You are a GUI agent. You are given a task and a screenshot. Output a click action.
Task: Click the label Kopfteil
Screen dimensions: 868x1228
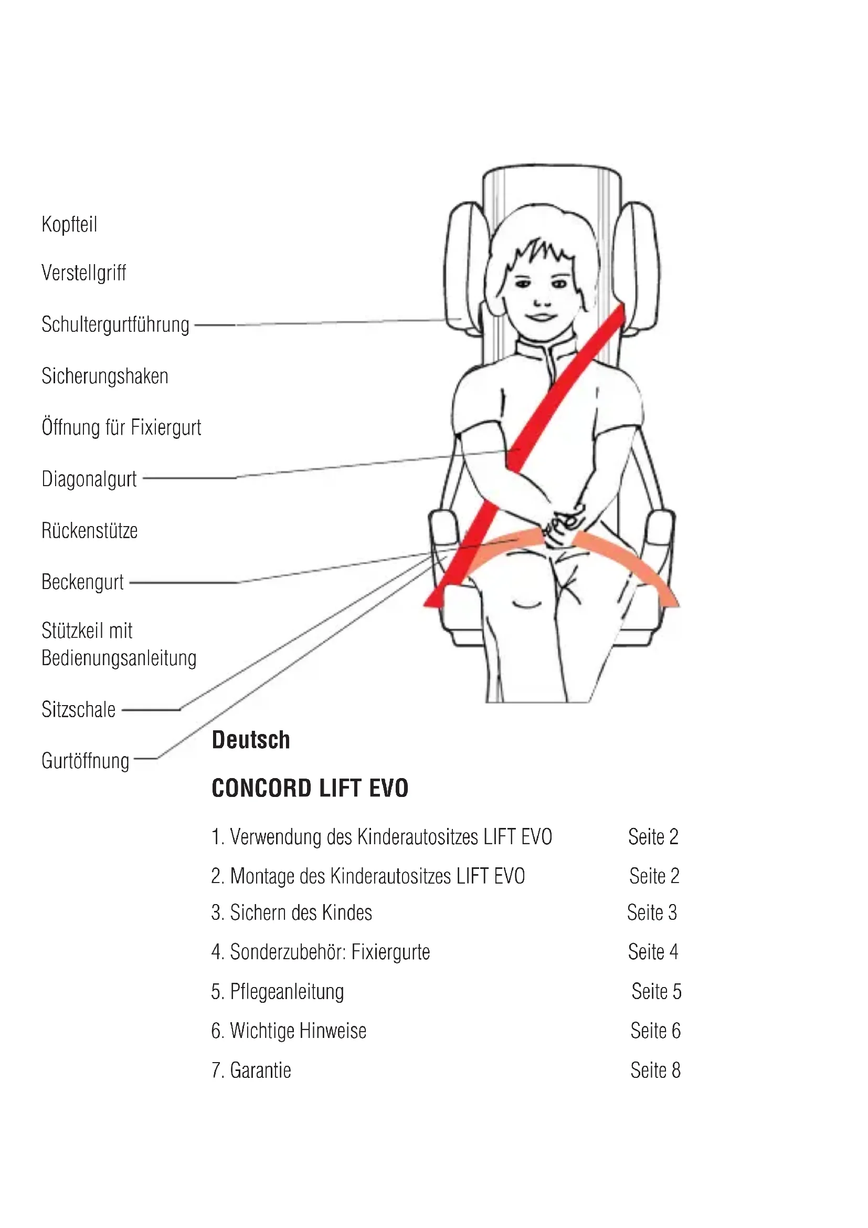point(69,225)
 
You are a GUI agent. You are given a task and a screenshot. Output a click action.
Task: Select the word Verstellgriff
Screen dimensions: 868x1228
point(84,273)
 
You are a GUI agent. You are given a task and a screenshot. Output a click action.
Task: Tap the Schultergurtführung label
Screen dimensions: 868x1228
point(115,324)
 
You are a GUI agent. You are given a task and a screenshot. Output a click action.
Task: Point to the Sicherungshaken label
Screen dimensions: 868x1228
point(105,376)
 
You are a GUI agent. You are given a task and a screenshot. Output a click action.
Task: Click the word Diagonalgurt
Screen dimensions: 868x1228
point(89,479)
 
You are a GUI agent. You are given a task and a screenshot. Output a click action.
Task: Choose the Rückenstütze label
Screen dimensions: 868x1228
point(90,531)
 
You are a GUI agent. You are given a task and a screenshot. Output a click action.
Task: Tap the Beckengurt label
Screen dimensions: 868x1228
point(83,582)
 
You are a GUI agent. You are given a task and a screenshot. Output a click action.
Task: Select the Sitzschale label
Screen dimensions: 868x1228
point(79,710)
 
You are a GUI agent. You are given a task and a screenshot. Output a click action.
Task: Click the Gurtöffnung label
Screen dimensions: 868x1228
point(86,761)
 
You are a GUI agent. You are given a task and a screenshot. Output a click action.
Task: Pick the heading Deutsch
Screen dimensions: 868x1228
point(251,740)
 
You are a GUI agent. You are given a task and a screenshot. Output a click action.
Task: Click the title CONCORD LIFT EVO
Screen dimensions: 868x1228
point(310,789)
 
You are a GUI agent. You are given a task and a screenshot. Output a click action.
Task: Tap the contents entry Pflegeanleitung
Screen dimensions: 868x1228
point(287,992)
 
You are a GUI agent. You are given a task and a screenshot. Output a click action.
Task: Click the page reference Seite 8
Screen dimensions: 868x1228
point(655,1070)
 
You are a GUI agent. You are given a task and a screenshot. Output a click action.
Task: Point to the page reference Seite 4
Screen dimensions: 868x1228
point(653,952)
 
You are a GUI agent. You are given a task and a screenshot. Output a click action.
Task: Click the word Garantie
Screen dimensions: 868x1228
point(260,1070)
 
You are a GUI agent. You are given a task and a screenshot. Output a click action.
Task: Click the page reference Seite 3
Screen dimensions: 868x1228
point(652,913)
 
